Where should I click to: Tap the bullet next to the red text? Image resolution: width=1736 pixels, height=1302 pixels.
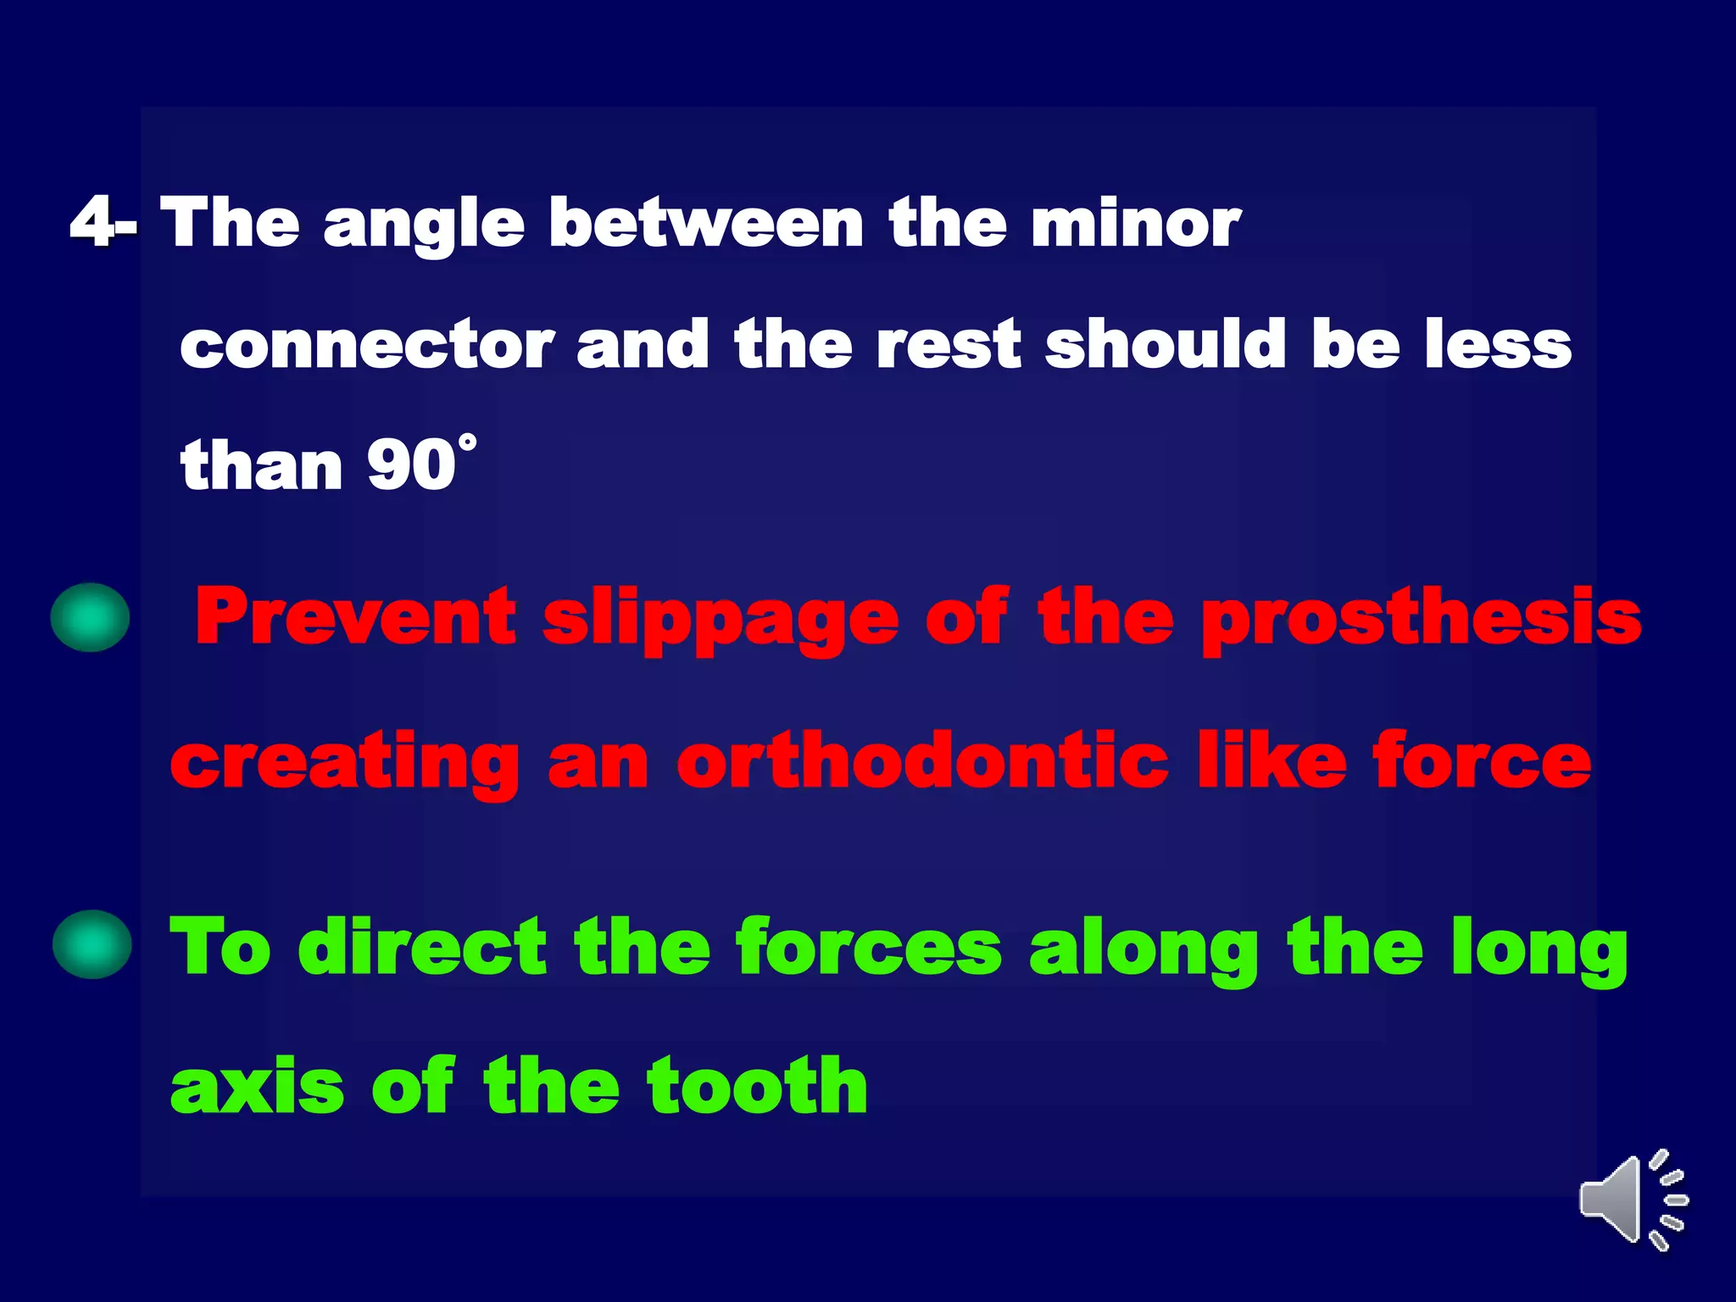[x=90, y=617]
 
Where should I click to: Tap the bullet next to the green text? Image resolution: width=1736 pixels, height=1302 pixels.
[x=92, y=944]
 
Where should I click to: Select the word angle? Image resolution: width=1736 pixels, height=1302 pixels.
[x=424, y=225]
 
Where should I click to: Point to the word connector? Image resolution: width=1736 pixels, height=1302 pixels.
[x=366, y=346]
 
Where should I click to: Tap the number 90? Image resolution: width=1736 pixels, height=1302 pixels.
[x=411, y=465]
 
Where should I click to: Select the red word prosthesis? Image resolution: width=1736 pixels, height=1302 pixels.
[x=1422, y=620]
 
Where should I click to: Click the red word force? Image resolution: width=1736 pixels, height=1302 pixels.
[x=1482, y=761]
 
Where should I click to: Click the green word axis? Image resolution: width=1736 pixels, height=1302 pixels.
[x=257, y=1087]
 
